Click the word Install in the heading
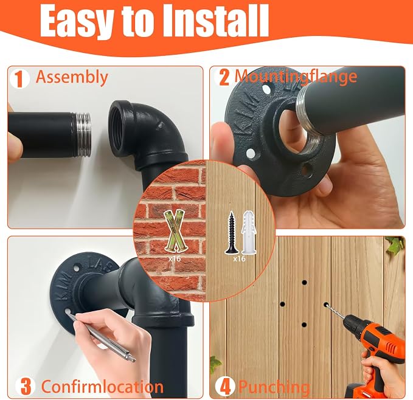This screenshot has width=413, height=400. (215, 21)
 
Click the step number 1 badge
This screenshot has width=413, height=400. (19, 78)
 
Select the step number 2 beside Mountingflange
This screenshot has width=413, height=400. (224, 77)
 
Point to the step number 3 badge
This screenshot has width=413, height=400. (25, 386)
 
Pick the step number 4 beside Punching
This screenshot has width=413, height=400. (224, 386)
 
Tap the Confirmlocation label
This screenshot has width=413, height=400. (103, 387)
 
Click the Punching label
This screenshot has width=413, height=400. (274, 387)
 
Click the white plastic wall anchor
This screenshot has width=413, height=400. (248, 232)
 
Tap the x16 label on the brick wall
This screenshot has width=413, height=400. (175, 259)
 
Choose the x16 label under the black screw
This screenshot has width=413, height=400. (240, 259)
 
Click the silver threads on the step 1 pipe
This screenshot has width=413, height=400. (81, 135)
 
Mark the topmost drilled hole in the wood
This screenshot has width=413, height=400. (305, 283)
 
